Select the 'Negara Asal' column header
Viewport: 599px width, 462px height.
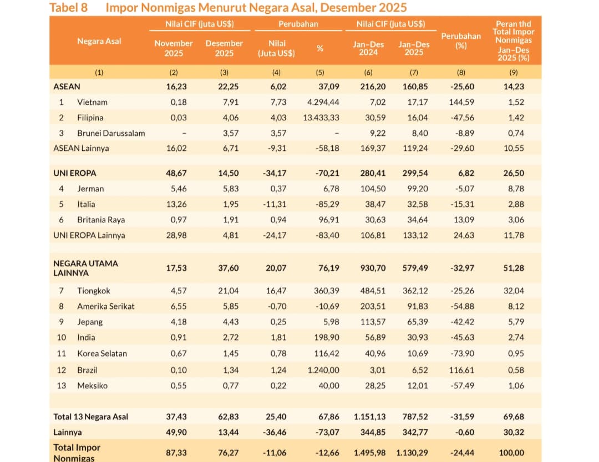pos(99,41)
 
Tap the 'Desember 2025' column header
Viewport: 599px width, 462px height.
pos(224,48)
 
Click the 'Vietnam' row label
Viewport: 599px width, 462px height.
pos(92,102)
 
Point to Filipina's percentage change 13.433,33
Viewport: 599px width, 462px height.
pos(321,118)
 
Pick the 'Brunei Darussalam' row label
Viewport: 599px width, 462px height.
pos(111,133)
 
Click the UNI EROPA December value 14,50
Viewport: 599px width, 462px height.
pos(229,173)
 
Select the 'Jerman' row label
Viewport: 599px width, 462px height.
pos(90,189)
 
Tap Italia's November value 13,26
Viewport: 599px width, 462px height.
pos(176,204)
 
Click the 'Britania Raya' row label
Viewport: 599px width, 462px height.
pos(101,220)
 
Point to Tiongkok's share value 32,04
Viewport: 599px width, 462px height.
pos(514,291)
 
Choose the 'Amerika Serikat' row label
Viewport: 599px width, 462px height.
pos(106,307)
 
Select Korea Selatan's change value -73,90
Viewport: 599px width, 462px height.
pos(462,353)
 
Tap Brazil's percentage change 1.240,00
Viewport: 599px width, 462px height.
pos(323,370)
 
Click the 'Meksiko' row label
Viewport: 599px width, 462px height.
pos(93,385)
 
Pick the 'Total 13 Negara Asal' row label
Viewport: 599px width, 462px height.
pos(91,417)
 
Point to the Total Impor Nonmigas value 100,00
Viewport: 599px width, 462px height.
pos(511,453)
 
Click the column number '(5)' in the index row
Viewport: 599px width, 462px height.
pos(320,72)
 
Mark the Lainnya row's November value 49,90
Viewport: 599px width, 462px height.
pos(176,432)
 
